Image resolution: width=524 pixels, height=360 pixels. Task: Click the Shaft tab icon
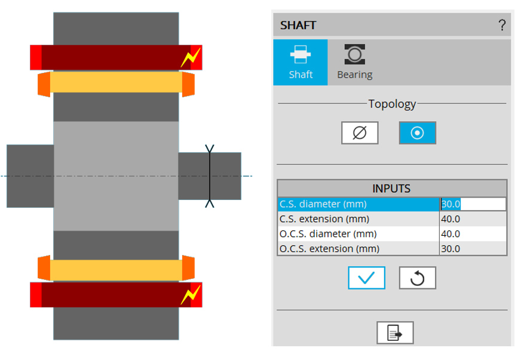(x=301, y=56)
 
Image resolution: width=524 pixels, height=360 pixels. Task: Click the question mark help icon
(x=502, y=25)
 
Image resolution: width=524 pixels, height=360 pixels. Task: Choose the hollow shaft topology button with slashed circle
(x=360, y=133)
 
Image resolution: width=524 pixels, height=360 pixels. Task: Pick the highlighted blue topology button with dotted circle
(x=417, y=133)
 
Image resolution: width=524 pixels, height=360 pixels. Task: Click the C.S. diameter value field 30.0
(x=473, y=204)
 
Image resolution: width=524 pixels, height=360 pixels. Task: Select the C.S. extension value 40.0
(x=473, y=219)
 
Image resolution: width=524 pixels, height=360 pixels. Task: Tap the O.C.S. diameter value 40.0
(x=473, y=234)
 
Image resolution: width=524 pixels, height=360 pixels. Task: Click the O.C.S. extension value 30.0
(x=473, y=249)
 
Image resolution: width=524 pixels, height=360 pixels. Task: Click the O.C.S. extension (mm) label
(x=330, y=249)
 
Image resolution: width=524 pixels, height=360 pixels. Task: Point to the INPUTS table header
(x=391, y=189)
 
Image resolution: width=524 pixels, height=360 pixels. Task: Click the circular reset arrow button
(x=417, y=278)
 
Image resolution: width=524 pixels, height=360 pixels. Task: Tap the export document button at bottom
(x=394, y=333)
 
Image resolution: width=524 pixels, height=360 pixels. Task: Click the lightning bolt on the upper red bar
(x=191, y=57)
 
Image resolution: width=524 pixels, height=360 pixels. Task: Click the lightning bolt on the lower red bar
(x=191, y=294)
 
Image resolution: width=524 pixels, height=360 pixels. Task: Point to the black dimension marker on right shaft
(x=210, y=176)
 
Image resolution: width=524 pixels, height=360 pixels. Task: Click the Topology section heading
(x=392, y=104)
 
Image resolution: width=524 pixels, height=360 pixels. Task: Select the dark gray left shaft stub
(x=30, y=176)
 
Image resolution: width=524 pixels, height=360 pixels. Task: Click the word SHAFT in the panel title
(x=298, y=26)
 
